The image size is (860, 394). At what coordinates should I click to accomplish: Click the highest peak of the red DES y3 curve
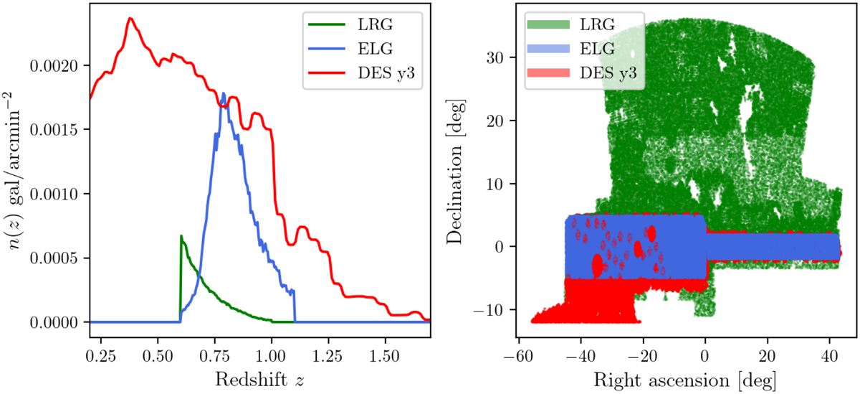[x=130, y=19]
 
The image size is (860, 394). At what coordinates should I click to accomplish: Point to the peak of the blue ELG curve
[x=224, y=93]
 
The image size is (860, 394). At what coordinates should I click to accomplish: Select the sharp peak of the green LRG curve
[x=181, y=235]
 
